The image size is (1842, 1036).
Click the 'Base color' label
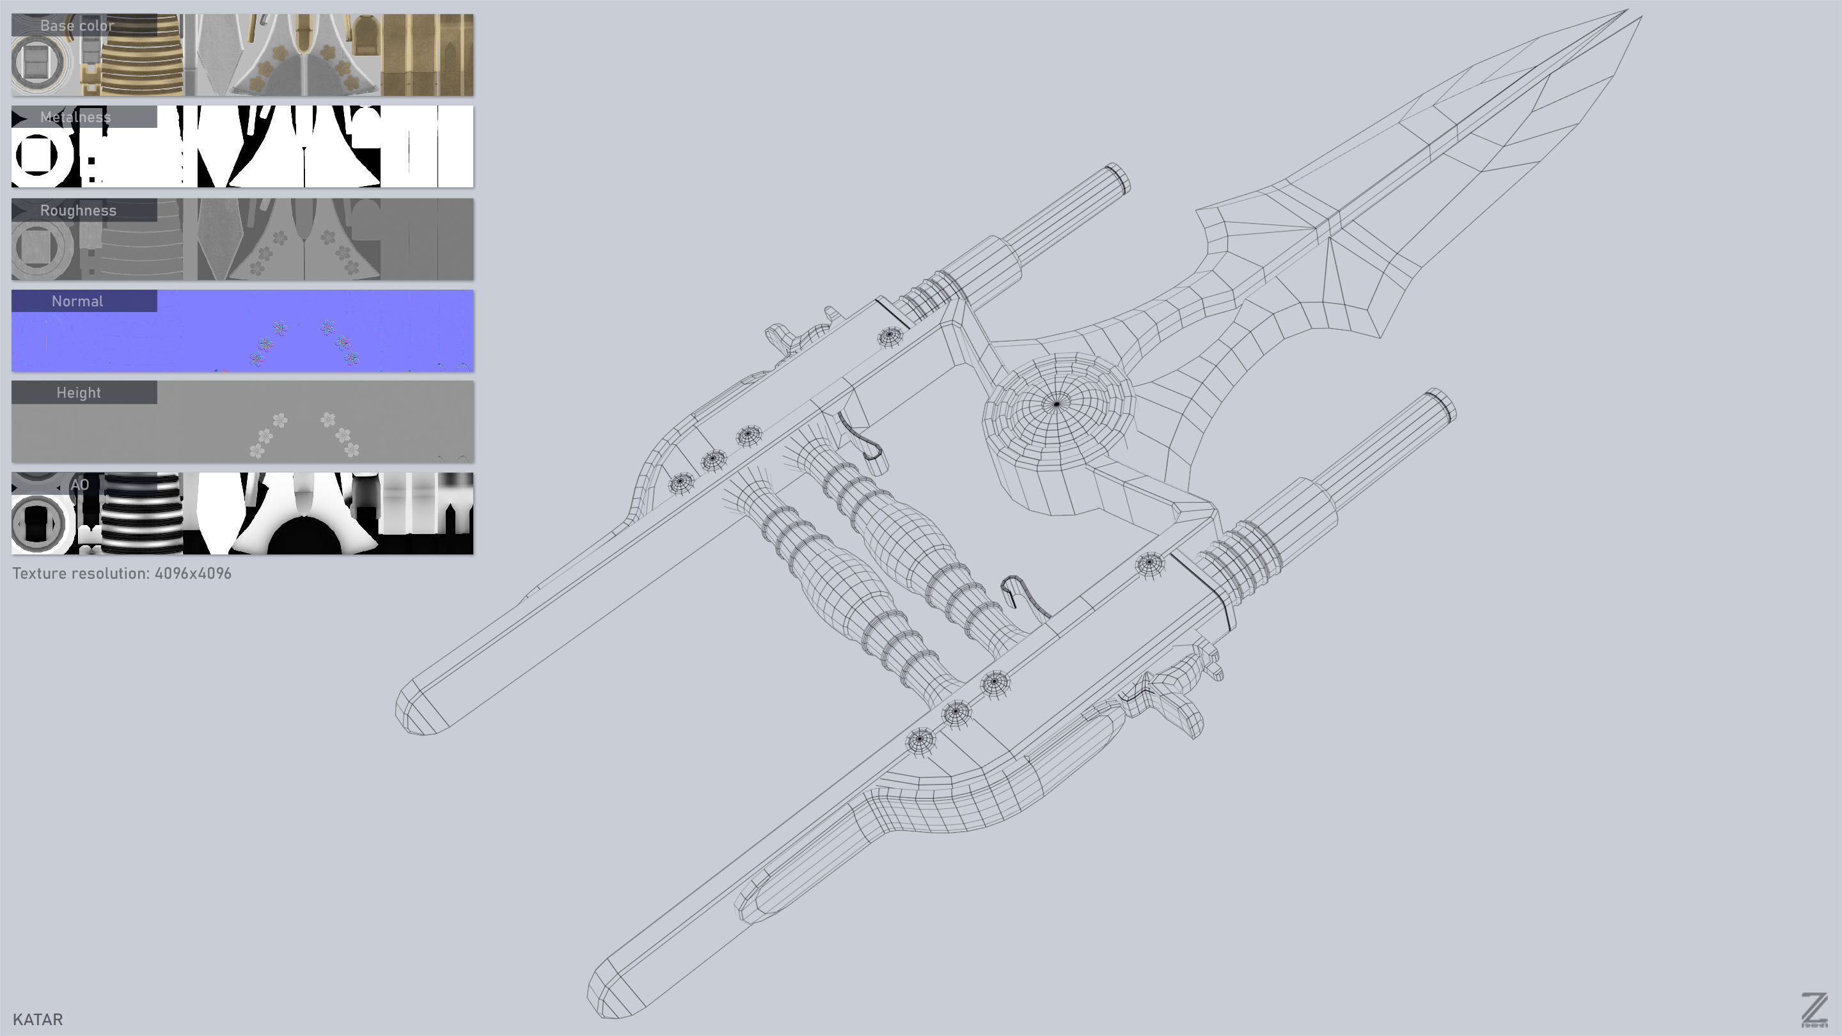77,26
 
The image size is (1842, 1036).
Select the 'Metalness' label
75,117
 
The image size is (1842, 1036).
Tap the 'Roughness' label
78,210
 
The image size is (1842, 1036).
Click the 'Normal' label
77,301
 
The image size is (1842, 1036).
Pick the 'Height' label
79,393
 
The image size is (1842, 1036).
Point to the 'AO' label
80,485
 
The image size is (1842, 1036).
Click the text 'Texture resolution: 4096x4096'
122,574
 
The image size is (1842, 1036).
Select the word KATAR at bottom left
38,1019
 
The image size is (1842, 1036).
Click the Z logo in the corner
1813,1010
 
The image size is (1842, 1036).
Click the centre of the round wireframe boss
1057,404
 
